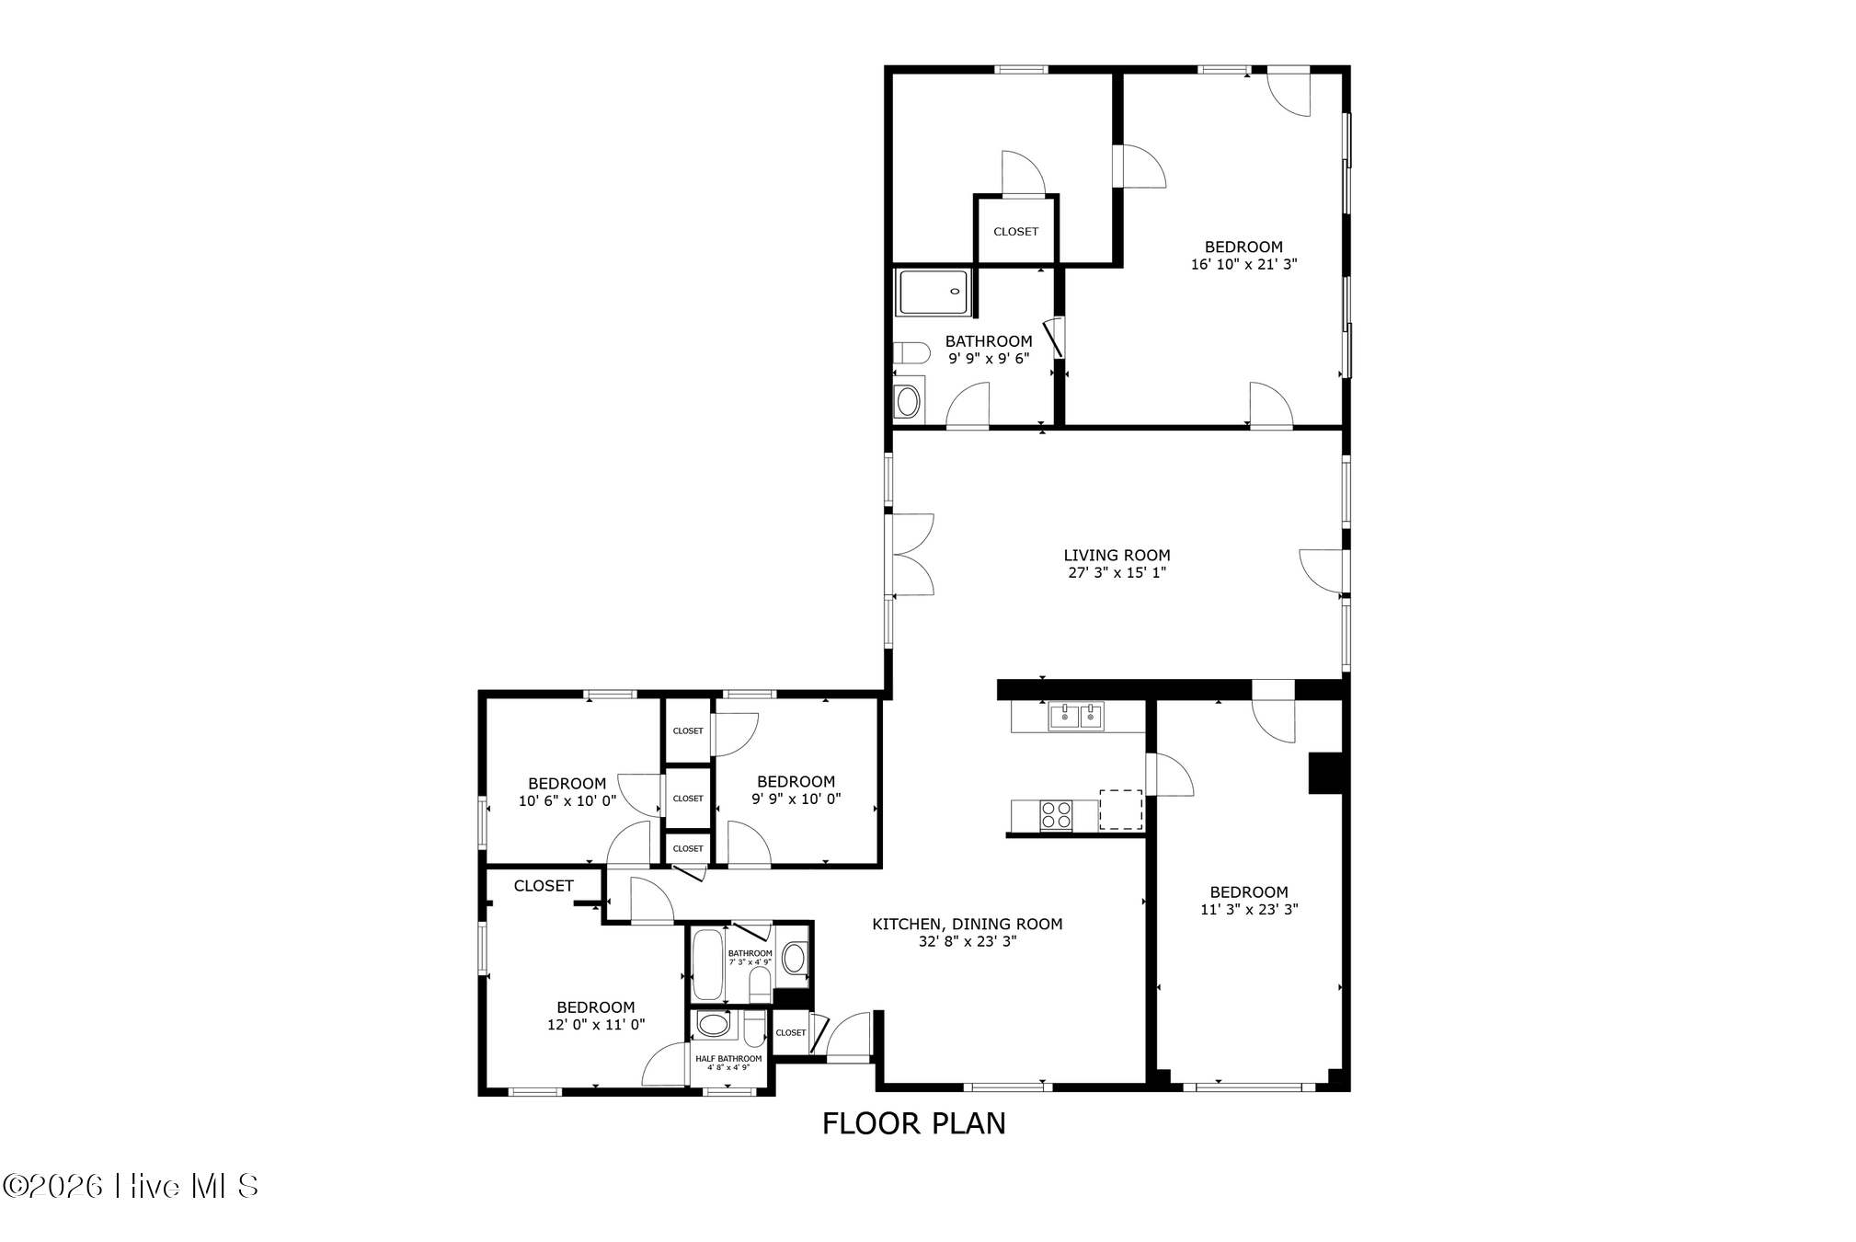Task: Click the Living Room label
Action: [x=1117, y=555]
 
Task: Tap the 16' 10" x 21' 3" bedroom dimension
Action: [x=1243, y=264]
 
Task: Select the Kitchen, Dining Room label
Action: [x=967, y=924]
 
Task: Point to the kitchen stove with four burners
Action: [x=1055, y=815]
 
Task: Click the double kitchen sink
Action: [x=1076, y=716]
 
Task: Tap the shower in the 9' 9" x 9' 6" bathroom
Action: [x=933, y=293]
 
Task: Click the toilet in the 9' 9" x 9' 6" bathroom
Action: [x=911, y=352]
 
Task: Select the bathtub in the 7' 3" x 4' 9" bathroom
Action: [x=707, y=964]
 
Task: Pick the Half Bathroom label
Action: [x=728, y=1059]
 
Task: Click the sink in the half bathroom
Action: [x=713, y=1024]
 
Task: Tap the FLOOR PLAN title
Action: [x=913, y=1123]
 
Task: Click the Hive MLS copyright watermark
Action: [x=131, y=1186]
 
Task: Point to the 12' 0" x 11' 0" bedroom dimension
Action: [x=596, y=1025]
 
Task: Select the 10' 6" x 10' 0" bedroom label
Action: [x=567, y=792]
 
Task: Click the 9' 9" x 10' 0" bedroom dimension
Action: [x=796, y=799]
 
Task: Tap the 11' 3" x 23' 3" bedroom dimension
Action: [x=1249, y=910]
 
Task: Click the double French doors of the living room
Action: [x=911, y=555]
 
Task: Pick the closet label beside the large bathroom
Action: [x=1015, y=232]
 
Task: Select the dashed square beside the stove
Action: [x=1121, y=810]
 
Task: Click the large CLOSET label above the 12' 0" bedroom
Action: [x=544, y=886]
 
